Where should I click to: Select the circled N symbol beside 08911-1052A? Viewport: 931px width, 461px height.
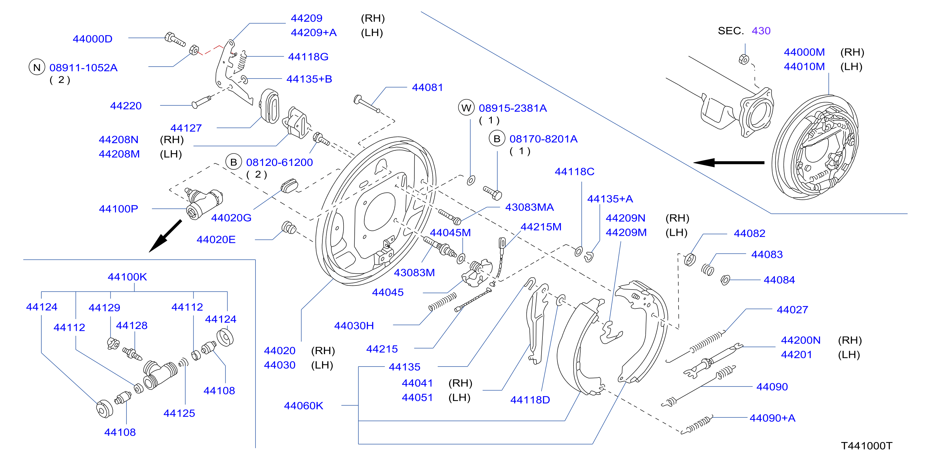click(x=37, y=67)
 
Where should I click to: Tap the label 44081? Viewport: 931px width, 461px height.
click(x=427, y=87)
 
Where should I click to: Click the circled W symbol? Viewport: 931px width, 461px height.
click(x=466, y=108)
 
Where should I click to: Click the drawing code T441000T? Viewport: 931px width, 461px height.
click(x=866, y=445)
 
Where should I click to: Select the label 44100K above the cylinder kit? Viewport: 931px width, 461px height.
click(x=127, y=277)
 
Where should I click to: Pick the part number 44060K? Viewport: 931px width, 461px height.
click(x=304, y=406)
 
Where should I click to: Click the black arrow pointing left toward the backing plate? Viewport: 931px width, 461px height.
click(x=729, y=162)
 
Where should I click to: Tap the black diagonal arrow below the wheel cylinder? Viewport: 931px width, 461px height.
click(x=165, y=235)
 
